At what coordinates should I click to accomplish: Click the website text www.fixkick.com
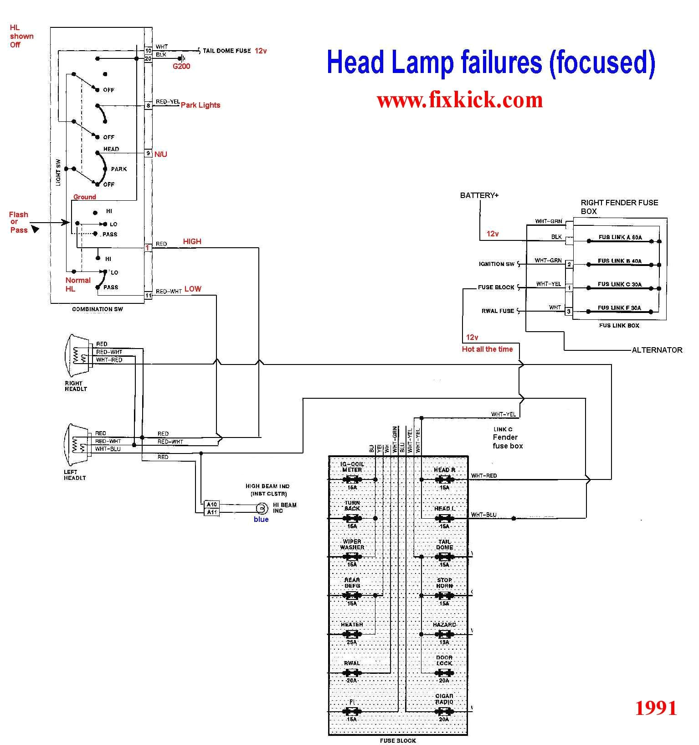(460, 100)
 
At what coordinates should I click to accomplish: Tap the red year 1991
(656, 708)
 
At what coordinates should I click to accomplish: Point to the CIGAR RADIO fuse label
(444, 699)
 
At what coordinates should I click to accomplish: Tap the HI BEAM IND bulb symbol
(262, 508)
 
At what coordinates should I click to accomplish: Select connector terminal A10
(212, 504)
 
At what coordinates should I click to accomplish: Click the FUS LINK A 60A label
(620, 238)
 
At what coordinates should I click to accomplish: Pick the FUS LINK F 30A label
(619, 308)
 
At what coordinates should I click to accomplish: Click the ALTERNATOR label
(657, 350)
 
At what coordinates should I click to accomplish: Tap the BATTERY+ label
(479, 195)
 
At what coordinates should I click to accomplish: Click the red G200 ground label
(181, 67)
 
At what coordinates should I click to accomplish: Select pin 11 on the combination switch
(148, 295)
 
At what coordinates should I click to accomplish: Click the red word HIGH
(192, 241)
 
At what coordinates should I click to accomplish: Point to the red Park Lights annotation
(200, 105)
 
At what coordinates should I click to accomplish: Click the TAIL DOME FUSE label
(226, 51)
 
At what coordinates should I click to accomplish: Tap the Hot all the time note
(487, 349)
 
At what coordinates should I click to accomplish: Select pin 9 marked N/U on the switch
(148, 153)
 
